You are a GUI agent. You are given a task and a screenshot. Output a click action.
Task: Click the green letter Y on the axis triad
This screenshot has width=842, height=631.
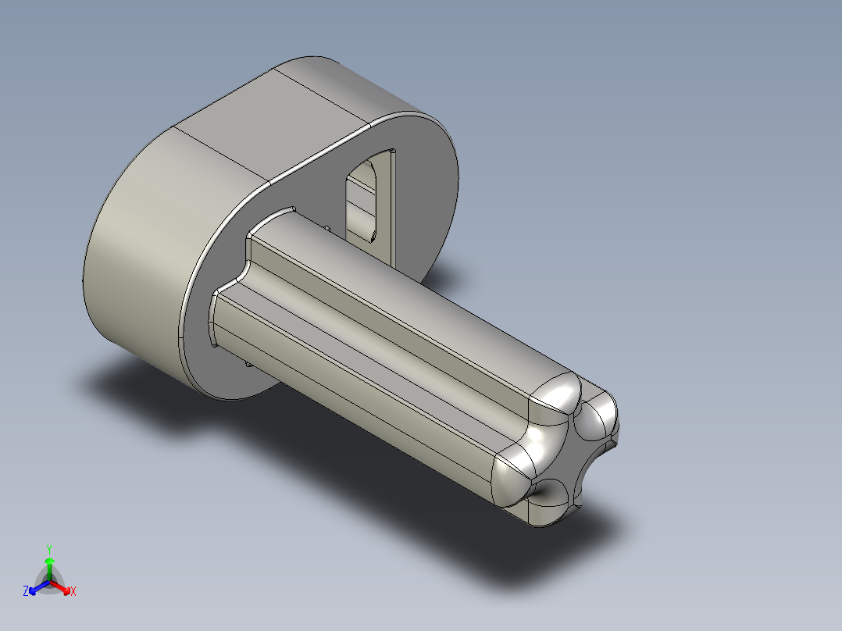pyautogui.click(x=49, y=548)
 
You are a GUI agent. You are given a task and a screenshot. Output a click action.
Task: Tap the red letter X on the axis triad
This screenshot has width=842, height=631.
pyautogui.click(x=73, y=592)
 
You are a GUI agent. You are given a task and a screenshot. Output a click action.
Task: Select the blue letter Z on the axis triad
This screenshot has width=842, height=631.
pyautogui.click(x=26, y=592)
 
